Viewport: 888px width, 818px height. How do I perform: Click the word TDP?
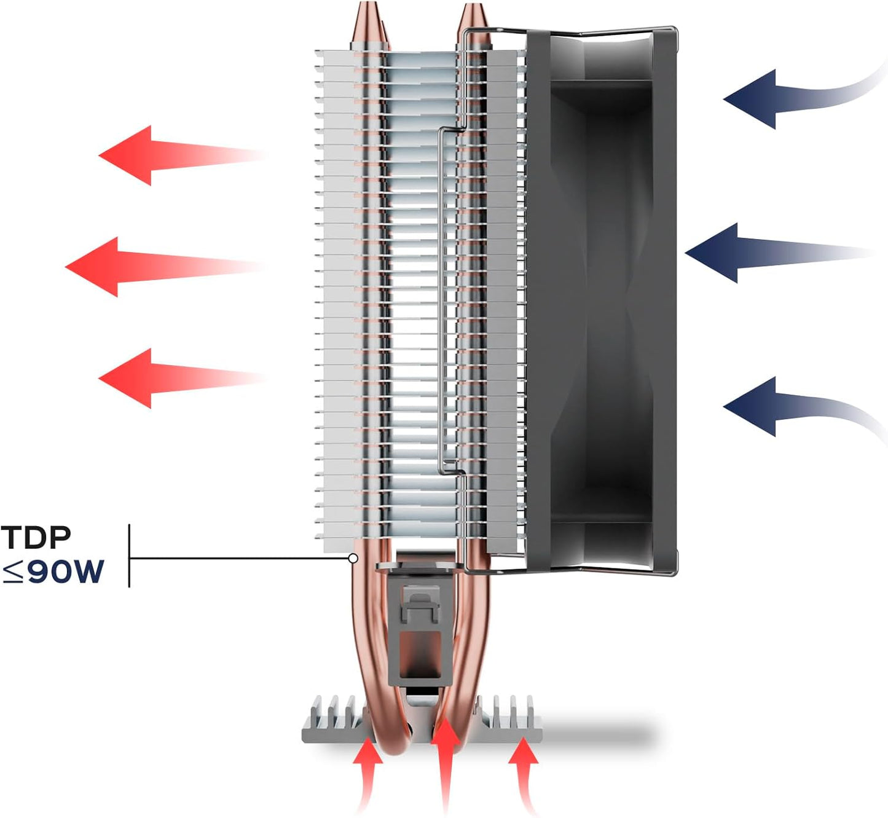pyautogui.click(x=36, y=537)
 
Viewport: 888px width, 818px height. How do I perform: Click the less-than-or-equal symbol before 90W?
pyautogui.click(x=12, y=572)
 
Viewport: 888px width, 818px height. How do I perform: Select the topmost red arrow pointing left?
pyautogui.click(x=181, y=155)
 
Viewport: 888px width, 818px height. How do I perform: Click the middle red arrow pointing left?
pyautogui.click(x=165, y=267)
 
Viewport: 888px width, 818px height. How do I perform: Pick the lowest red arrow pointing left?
pyautogui.click(x=181, y=378)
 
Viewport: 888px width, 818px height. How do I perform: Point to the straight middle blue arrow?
pyautogui.click(x=780, y=253)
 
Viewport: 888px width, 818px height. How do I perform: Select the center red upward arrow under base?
pyautogui.click(x=447, y=766)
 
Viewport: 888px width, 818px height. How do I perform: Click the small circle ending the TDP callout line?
pyautogui.click(x=353, y=559)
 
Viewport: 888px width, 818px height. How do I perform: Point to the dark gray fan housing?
pyautogui.click(x=602, y=301)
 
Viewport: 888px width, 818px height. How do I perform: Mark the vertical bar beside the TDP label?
pyautogui.click(x=129, y=556)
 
